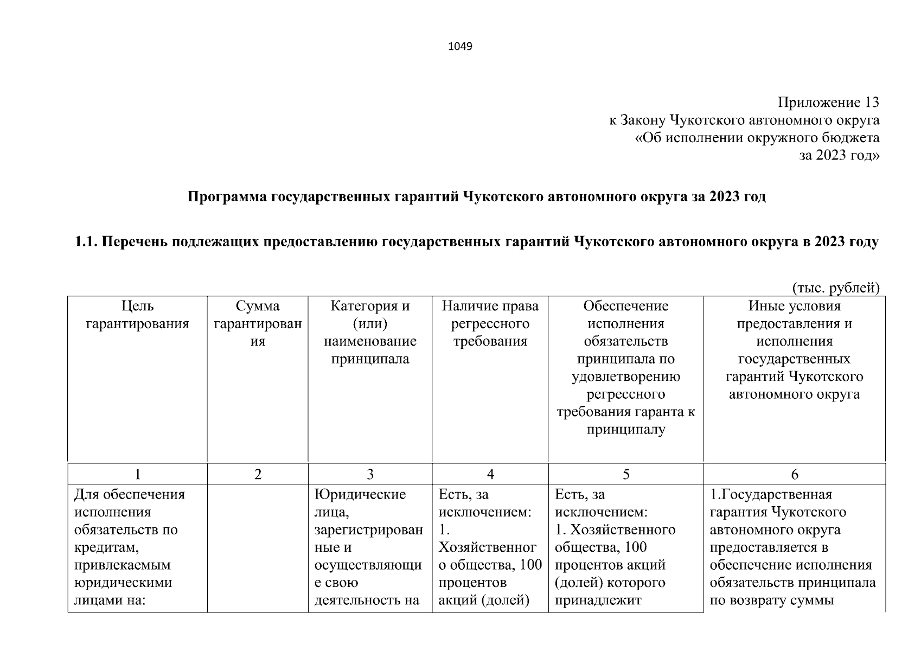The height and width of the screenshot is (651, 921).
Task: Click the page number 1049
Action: [460, 47]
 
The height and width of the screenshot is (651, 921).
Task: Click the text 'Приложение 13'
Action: [828, 103]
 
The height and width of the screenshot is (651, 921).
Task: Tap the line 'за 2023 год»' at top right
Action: [839, 156]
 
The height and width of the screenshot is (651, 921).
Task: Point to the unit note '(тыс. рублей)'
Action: [835, 288]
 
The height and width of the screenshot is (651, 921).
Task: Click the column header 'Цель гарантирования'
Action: [137, 315]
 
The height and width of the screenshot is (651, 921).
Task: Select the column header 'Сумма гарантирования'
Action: [258, 324]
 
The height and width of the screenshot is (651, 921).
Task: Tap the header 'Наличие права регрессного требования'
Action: [490, 324]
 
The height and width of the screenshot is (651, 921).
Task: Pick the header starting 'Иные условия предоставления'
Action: [794, 350]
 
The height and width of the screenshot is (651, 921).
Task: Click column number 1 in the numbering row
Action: [138, 475]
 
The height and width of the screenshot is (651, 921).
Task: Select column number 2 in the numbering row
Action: [258, 475]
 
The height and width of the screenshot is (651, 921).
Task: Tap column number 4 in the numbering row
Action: [490, 475]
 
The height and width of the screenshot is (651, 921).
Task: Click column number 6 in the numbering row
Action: [794, 475]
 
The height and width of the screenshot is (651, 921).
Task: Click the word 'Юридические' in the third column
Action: [360, 495]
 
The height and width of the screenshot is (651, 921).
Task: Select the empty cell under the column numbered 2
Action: [258, 548]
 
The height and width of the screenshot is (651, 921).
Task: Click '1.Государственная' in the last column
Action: [771, 495]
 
